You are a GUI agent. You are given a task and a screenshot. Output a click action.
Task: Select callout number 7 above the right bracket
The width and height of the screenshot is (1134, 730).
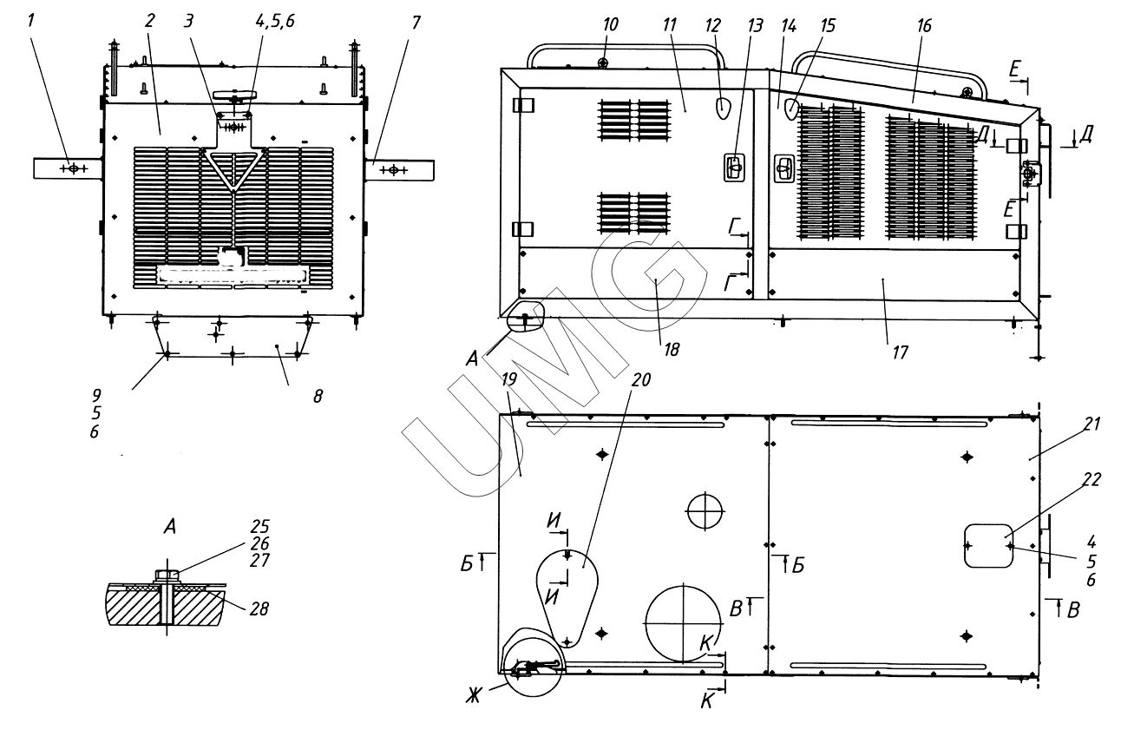[x=416, y=21]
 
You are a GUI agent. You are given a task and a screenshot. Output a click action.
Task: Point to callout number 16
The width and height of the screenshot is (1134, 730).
[x=924, y=26]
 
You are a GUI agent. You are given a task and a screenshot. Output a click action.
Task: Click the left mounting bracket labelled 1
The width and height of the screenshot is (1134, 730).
[x=68, y=168]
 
